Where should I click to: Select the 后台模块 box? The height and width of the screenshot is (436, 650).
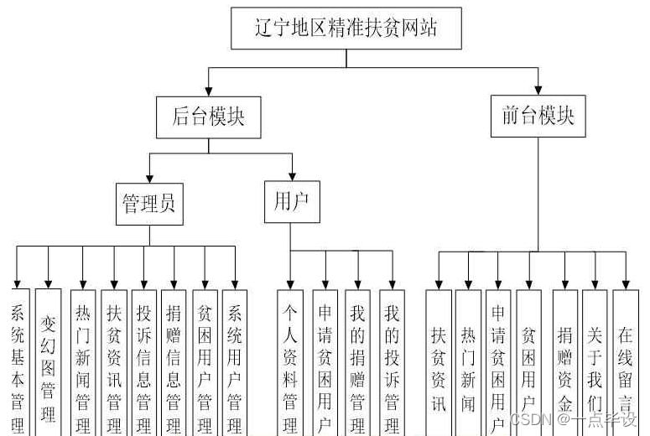(x=208, y=117)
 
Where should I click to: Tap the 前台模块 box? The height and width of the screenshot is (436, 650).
(x=538, y=116)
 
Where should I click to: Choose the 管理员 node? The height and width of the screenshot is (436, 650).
(x=149, y=204)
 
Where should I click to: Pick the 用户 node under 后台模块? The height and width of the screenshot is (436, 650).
(x=292, y=202)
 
